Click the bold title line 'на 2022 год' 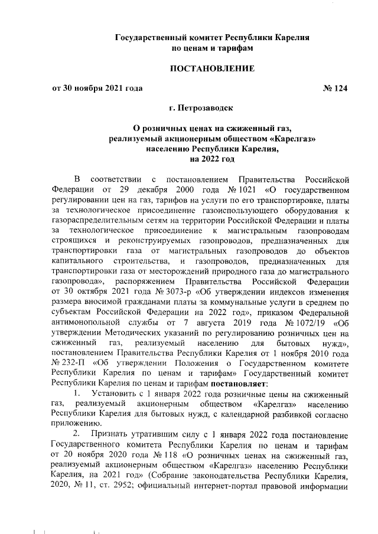[x=212, y=159]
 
